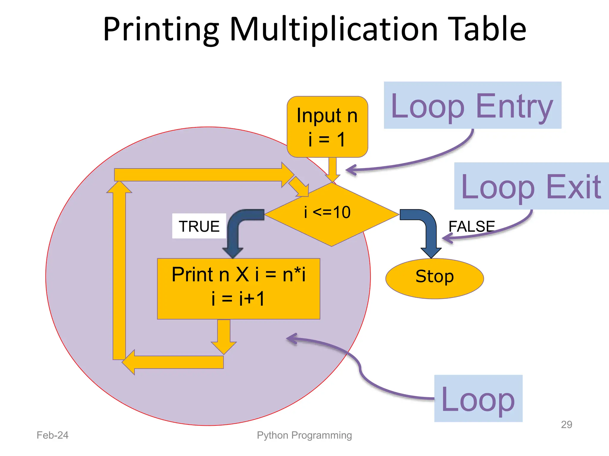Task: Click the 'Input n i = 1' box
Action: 327,127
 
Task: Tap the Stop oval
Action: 434,278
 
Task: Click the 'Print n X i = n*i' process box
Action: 238,289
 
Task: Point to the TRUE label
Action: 199,226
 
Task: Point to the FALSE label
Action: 472,226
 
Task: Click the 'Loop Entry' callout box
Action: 472,105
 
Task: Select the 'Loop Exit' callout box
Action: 531,186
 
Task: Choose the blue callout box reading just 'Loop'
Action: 478,398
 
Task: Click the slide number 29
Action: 566,425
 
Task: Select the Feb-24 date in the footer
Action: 53,435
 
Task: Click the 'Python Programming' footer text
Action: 304,435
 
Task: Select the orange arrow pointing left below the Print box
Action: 175,362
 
